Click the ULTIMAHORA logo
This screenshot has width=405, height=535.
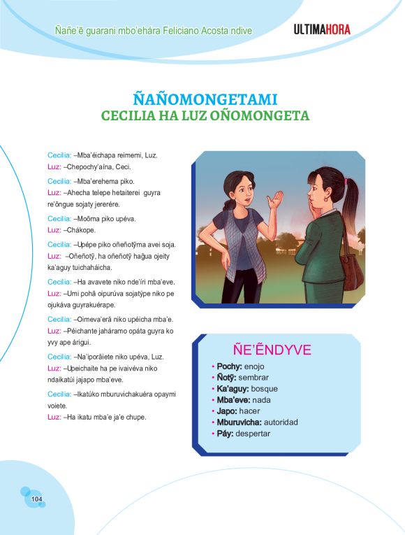[322, 29]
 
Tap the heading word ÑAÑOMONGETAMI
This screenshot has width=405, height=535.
[205, 99]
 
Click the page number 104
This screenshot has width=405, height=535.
[37, 499]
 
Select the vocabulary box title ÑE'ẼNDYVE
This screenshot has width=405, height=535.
[272, 350]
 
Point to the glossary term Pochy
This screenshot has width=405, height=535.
[228, 366]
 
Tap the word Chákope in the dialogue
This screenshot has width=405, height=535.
[80, 229]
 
